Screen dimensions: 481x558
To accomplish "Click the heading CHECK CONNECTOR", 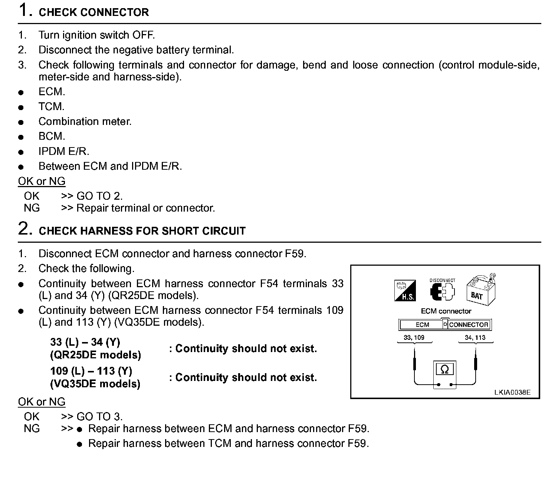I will click(93, 12).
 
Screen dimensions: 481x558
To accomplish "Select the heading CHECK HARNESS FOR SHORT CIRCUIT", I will click(142, 231).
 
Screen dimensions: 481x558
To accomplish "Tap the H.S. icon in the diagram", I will click(404, 291).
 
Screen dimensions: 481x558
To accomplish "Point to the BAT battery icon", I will click(479, 290).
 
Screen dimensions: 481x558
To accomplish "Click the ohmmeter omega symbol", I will click(444, 369).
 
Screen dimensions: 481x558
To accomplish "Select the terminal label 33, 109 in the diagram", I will click(414, 338).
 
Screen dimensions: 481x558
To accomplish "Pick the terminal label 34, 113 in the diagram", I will click(475, 338).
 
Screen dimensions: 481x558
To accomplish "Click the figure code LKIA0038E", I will click(512, 392).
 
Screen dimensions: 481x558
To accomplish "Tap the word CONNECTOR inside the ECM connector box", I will click(469, 325).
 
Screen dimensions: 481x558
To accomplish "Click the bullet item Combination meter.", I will click(85, 122).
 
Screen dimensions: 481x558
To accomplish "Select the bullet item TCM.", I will click(51, 107).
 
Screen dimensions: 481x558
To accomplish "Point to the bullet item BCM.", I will click(52, 136).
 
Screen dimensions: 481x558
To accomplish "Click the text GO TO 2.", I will click(99, 196).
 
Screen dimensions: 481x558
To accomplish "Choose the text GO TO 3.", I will click(99, 417).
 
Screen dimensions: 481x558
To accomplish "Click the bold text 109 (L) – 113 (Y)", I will click(91, 371).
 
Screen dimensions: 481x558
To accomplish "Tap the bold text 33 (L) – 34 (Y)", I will click(85, 342).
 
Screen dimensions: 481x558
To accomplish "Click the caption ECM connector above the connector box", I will click(446, 311).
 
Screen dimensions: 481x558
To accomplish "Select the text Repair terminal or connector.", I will click(145, 208).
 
